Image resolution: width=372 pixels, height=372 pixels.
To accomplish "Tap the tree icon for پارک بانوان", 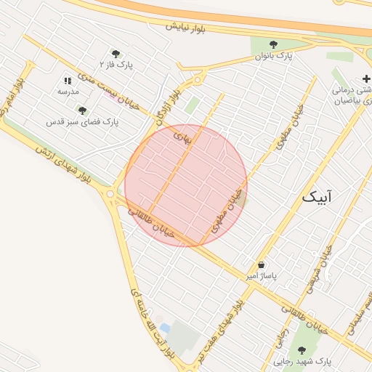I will (273, 44).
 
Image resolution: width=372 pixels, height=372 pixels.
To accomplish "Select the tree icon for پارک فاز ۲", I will (115, 53).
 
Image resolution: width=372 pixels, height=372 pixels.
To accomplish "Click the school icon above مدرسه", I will (68, 81).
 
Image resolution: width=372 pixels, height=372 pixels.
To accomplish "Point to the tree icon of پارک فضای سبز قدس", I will (82, 111).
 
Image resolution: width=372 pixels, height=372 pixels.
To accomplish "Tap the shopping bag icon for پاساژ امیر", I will (261, 264).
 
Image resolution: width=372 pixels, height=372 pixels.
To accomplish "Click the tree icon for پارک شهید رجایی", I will (302, 350).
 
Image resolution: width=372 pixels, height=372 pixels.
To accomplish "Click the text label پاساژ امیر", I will (261, 277).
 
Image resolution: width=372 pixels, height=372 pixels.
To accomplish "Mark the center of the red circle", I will (186, 185).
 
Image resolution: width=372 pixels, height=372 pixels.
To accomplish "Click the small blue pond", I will (166, 328).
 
